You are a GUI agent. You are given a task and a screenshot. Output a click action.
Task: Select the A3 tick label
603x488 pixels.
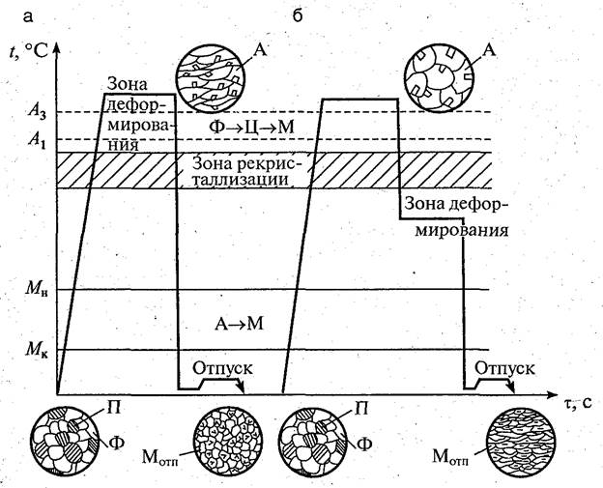tap(34, 113)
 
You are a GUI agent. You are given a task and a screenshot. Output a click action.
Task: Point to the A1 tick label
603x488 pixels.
tap(34, 138)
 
